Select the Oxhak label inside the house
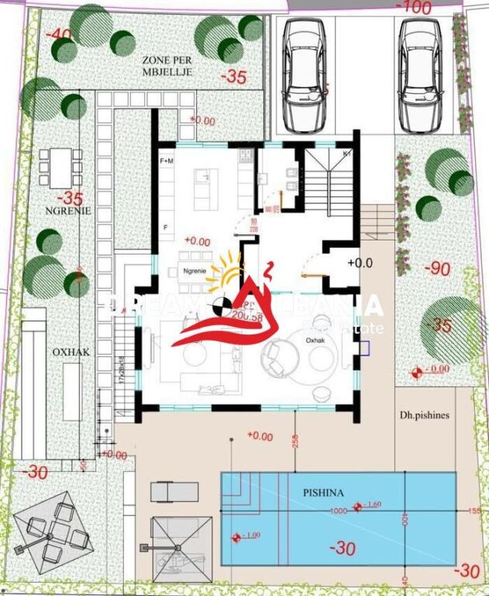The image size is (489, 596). click(315, 340)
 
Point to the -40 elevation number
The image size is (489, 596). click(58, 35)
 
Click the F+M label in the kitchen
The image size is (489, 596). click(167, 161)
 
